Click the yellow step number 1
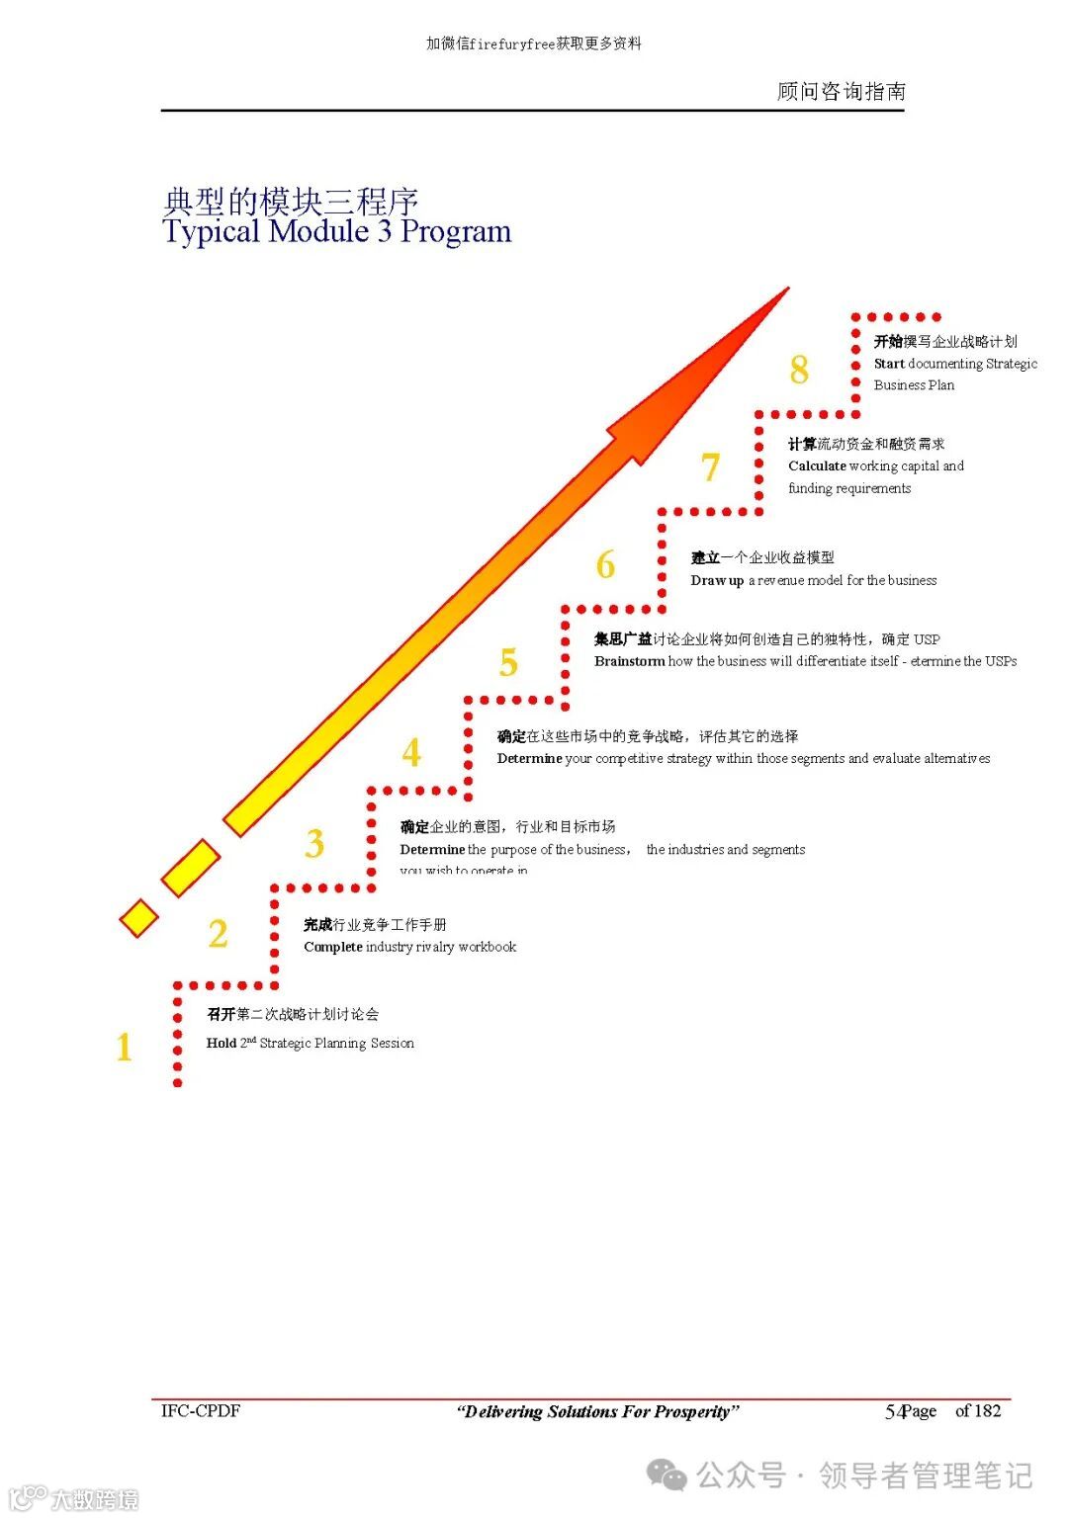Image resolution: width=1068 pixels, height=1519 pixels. coord(124,1047)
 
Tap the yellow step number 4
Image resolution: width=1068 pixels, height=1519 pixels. coord(411,753)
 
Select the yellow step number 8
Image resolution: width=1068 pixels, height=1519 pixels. coord(799,370)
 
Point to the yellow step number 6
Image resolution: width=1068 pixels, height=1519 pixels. coord(605,565)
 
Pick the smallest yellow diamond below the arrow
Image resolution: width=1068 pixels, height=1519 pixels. coord(138,918)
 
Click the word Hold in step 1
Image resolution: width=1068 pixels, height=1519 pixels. coord(221,1043)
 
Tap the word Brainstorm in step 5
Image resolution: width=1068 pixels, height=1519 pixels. coord(629,661)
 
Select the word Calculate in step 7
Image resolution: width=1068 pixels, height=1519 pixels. coord(817,465)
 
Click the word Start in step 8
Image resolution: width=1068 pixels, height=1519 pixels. coord(889,364)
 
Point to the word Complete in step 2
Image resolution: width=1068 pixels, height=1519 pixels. coord(333,947)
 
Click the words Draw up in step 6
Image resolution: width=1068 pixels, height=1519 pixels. coord(717,580)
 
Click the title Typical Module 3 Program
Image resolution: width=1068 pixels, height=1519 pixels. coord(337,231)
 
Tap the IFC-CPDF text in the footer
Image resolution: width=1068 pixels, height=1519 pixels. coord(201,1410)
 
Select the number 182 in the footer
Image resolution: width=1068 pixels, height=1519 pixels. coord(987,1410)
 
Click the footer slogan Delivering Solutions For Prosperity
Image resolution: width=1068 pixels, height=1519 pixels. coord(597,1411)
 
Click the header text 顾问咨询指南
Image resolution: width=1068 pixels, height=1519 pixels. coord(841,91)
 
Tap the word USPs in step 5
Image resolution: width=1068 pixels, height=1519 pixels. coord(1001,661)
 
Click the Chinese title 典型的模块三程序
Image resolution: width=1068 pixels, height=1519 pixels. coord(290,202)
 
